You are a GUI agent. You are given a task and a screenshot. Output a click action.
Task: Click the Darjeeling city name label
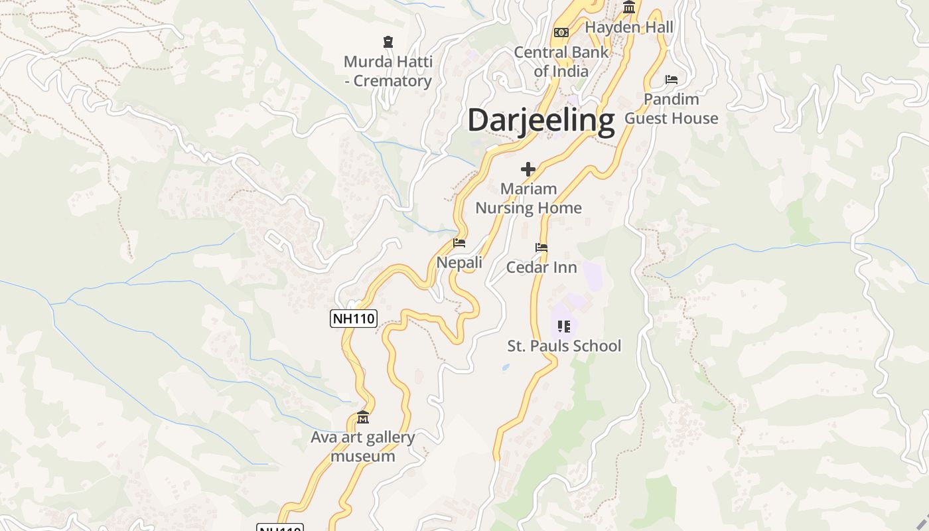point(541,121)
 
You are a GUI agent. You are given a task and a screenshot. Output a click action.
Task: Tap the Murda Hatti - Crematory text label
point(388,72)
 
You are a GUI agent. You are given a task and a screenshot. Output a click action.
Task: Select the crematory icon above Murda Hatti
point(388,42)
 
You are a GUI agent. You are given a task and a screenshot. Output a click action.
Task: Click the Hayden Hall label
point(629,27)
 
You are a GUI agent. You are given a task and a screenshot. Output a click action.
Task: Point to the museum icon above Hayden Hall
point(629,7)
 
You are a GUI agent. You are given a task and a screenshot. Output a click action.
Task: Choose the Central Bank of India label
point(561,62)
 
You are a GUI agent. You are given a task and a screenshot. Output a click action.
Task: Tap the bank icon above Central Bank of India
point(561,33)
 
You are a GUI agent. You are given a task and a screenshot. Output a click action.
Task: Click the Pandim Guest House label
point(672,109)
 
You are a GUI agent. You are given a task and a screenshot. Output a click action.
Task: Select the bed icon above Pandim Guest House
point(672,80)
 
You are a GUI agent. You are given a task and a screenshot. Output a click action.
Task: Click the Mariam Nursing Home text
point(528,198)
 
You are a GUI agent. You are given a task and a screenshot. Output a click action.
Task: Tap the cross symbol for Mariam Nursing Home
point(528,169)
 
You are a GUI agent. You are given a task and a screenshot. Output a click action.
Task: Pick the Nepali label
point(459,263)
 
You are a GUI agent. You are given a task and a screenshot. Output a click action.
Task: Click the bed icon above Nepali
point(459,243)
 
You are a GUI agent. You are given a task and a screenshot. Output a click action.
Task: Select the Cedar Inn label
point(541,267)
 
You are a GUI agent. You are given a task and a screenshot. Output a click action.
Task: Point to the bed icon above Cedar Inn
point(541,248)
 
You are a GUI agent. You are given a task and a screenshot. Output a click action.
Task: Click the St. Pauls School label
point(564,346)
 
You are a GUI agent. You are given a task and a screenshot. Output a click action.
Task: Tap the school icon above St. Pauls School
point(564,326)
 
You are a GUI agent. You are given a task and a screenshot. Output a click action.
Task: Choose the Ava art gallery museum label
point(363,447)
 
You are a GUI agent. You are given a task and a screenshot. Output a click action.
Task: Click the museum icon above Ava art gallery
point(363,417)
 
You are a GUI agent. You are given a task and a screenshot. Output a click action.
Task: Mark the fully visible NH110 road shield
point(354,319)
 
